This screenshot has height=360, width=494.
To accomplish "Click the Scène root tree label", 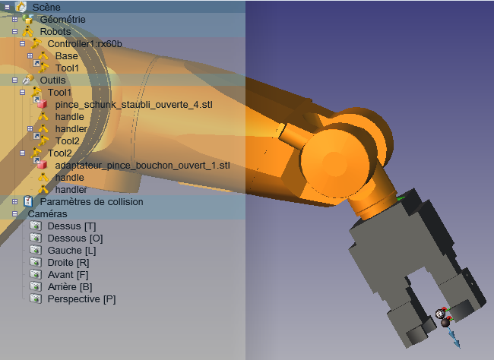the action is click(x=46, y=7).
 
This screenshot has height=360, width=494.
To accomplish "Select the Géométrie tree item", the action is click(x=62, y=19).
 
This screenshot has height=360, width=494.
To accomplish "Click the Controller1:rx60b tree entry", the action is click(x=84, y=43).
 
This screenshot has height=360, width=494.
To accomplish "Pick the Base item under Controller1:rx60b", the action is click(x=66, y=55).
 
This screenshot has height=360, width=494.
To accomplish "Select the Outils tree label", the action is click(x=52, y=80).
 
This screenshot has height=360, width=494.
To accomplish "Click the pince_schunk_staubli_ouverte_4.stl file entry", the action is click(x=134, y=105).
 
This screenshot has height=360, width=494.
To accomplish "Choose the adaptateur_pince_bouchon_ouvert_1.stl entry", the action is click(x=142, y=166).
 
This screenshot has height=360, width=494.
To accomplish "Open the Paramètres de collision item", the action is click(x=91, y=201).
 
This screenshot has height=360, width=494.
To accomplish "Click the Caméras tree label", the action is click(x=47, y=214).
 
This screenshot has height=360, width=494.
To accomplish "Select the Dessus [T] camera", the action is click(x=71, y=226).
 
